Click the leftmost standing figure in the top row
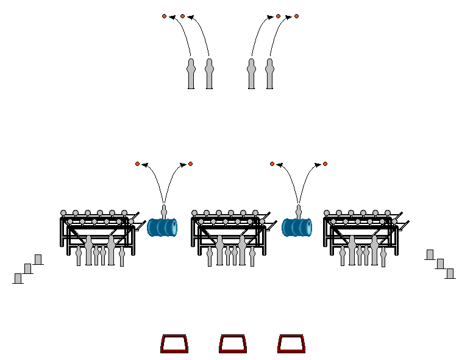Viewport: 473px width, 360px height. click(191, 74)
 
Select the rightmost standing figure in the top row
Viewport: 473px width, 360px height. click(269, 74)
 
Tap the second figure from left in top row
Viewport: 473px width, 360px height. click(209, 74)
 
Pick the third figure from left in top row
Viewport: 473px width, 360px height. click(251, 74)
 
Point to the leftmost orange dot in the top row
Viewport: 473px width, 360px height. click(164, 16)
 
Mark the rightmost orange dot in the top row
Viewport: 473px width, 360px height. click(297, 16)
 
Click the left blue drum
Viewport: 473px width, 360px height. click(162, 228)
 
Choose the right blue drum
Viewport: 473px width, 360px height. click(297, 228)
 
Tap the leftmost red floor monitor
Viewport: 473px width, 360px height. click(174, 344)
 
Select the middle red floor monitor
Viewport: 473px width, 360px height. click(233, 344)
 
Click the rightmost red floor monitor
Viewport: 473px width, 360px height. click(291, 344)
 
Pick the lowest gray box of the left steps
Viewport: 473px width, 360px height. click(18, 278)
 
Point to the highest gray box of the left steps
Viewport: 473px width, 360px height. click(38, 259)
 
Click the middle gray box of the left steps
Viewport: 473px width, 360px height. click(28, 268)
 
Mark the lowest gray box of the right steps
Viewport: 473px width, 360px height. click(450, 273)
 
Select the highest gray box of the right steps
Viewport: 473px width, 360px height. click(430, 254)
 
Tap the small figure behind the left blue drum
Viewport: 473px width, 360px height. click(164, 211)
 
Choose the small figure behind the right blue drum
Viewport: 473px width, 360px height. click(299, 211)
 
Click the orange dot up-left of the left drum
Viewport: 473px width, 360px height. click(137, 164)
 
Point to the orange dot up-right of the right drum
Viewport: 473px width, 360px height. click(325, 164)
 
